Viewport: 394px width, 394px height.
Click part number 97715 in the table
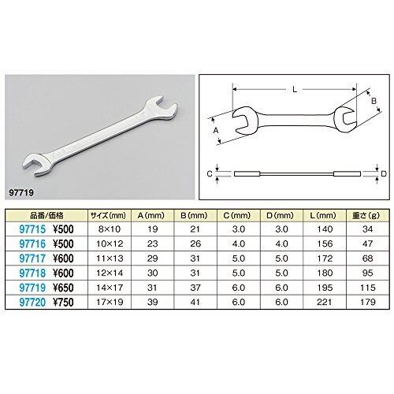pyautogui.click(x=32, y=229)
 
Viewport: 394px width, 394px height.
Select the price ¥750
pyautogui.click(x=63, y=302)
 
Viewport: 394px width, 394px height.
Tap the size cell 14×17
pyautogui.click(x=110, y=288)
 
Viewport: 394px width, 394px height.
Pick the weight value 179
pyautogui.click(x=367, y=302)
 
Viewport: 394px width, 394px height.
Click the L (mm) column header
pyautogui.click(x=325, y=216)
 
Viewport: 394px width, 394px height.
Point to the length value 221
pyautogui.click(x=325, y=302)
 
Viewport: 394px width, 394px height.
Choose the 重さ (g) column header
pyautogui.click(x=368, y=216)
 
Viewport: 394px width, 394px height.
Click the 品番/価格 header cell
pyautogui.click(x=46, y=216)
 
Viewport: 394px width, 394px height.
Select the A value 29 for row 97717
pyautogui.click(x=152, y=258)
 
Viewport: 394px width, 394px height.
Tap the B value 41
pyautogui.click(x=195, y=302)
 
